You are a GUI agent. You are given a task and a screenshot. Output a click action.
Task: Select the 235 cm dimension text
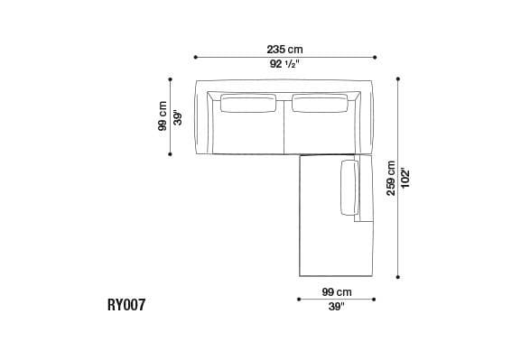pos(284,49)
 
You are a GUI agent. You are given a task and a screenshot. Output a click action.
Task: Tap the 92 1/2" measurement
pos(284,65)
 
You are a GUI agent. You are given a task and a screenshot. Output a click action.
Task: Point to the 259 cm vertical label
pos(391,178)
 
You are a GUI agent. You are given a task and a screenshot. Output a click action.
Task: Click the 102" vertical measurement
pos(405,178)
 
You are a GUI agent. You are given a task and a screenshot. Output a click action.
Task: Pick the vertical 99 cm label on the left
pos(163,115)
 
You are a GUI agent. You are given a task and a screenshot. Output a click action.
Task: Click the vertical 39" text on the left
pos(178,116)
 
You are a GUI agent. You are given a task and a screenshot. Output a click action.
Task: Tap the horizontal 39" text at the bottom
pos(336,307)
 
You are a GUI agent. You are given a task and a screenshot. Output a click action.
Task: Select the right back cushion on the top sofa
pos(320,105)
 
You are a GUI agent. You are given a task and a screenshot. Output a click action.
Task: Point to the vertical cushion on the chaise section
pos(349,188)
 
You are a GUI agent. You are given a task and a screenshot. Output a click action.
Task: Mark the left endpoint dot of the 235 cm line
pos(196,57)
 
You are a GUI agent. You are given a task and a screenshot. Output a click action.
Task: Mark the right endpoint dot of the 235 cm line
pos(374,57)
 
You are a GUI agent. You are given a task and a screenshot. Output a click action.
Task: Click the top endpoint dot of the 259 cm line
pos(398,78)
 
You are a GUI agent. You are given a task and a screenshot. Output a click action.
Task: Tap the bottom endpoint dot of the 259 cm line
pos(398,277)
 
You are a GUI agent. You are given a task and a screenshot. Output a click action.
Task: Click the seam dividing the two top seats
pos(284,126)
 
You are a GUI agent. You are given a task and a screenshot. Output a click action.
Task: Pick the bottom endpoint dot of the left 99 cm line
pos(171,154)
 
